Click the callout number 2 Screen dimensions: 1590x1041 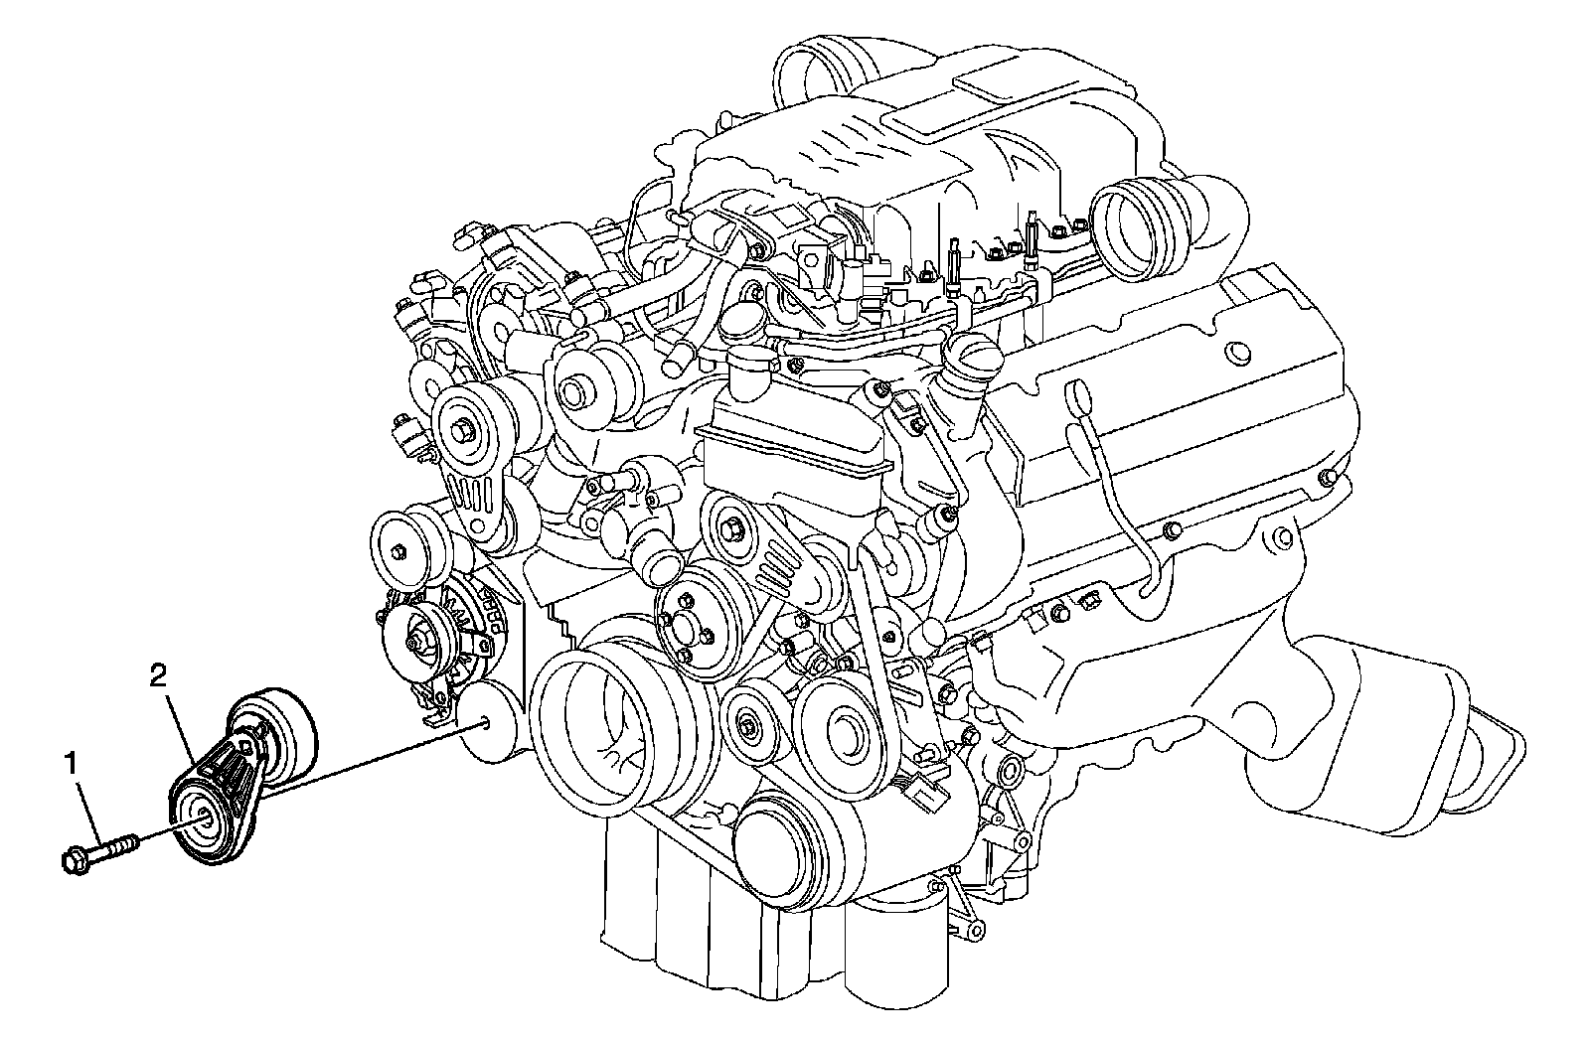[x=158, y=676]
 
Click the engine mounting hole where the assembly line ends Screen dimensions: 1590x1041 [x=485, y=724]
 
